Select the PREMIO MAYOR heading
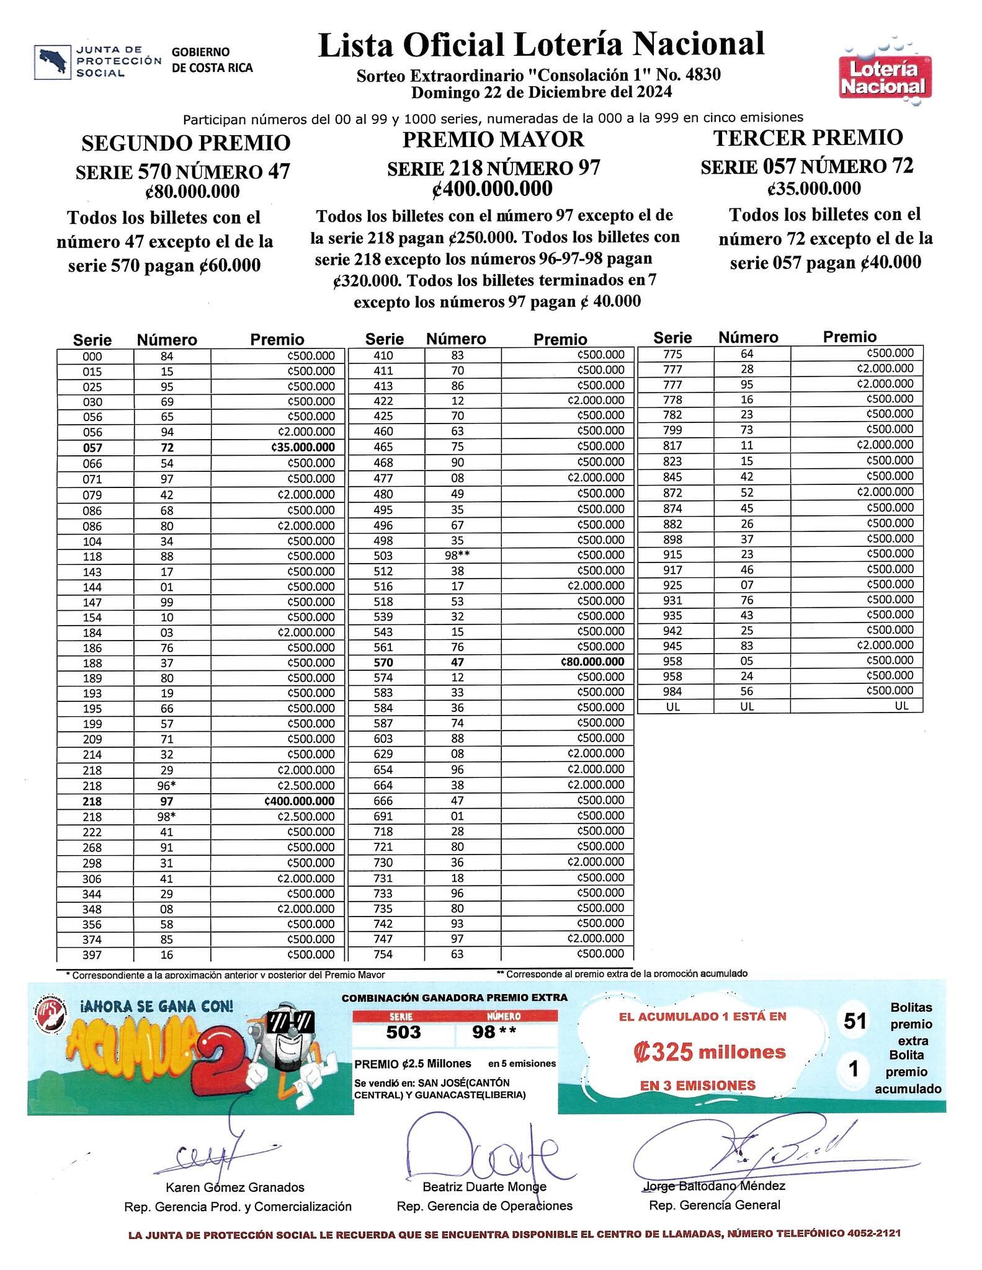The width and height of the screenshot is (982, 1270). (493, 140)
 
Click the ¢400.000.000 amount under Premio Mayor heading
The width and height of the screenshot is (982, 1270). (493, 189)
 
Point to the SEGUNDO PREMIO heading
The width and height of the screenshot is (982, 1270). (186, 143)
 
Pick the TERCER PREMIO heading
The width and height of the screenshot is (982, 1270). (808, 138)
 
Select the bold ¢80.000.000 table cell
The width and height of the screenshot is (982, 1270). (592, 662)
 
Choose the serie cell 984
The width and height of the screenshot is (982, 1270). (672, 691)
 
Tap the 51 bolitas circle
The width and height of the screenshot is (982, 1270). (854, 1021)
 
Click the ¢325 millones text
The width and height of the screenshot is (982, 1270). (710, 1052)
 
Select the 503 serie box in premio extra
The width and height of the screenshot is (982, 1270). (403, 1032)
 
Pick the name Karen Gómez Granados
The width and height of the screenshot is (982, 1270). (235, 1187)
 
